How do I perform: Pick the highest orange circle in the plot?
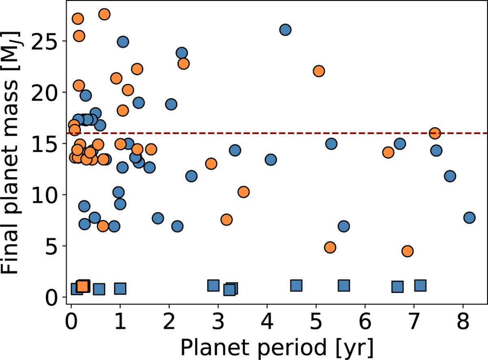(x=104, y=14)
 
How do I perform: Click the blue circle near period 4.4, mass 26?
(x=285, y=30)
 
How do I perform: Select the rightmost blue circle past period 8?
(x=469, y=217)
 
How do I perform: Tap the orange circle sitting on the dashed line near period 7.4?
(x=435, y=133)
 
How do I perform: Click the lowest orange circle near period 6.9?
(x=407, y=251)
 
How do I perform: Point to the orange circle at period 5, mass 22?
(x=319, y=71)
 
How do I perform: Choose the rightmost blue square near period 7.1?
(x=420, y=286)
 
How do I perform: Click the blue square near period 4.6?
(x=296, y=286)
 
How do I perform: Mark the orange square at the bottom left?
(x=83, y=286)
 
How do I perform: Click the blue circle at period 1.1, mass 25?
(x=123, y=42)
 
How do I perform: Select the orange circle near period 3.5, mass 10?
(x=243, y=192)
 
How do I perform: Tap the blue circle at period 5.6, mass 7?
(x=344, y=226)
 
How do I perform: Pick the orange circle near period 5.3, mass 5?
(x=330, y=247)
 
